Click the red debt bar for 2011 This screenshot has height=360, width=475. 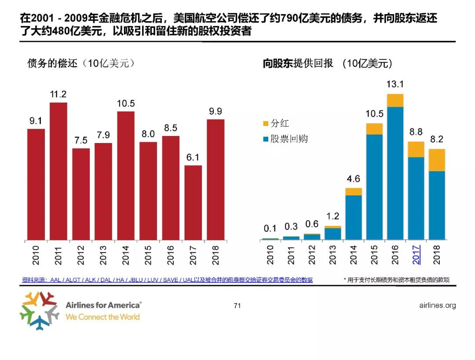(58, 172)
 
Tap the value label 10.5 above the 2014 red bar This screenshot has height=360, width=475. (126, 104)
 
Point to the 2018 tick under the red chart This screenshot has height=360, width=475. (216, 255)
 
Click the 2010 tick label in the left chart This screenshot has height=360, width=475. (36, 255)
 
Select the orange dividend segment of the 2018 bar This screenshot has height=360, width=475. (437, 160)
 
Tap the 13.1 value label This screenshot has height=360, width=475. (395, 84)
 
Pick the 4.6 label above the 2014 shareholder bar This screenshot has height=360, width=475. (353, 179)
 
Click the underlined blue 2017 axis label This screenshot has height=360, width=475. (416, 255)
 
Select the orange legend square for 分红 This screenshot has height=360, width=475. (265, 124)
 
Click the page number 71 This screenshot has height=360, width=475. (237, 305)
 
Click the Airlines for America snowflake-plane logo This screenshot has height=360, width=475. (39, 310)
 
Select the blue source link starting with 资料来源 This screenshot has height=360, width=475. (167, 279)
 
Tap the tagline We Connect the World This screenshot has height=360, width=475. (102, 317)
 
